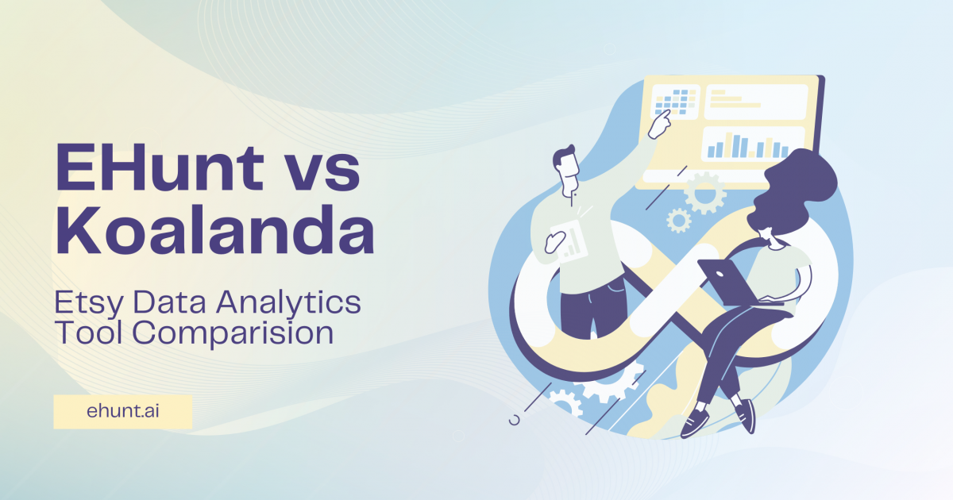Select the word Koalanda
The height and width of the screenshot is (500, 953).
(x=214, y=231)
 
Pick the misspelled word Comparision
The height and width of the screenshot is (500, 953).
(x=232, y=332)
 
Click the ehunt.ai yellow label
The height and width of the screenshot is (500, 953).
(x=122, y=412)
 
